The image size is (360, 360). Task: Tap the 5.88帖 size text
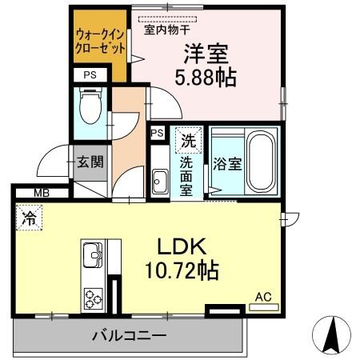pyautogui.click(x=206, y=78)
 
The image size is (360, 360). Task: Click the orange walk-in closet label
pyautogui.click(x=100, y=42)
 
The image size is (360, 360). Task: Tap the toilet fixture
pyautogui.click(x=90, y=106)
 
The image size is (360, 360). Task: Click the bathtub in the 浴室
pyautogui.click(x=258, y=161)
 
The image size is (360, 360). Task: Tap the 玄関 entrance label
pyautogui.click(x=89, y=161)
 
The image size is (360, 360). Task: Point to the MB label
pyautogui.click(x=39, y=193)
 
